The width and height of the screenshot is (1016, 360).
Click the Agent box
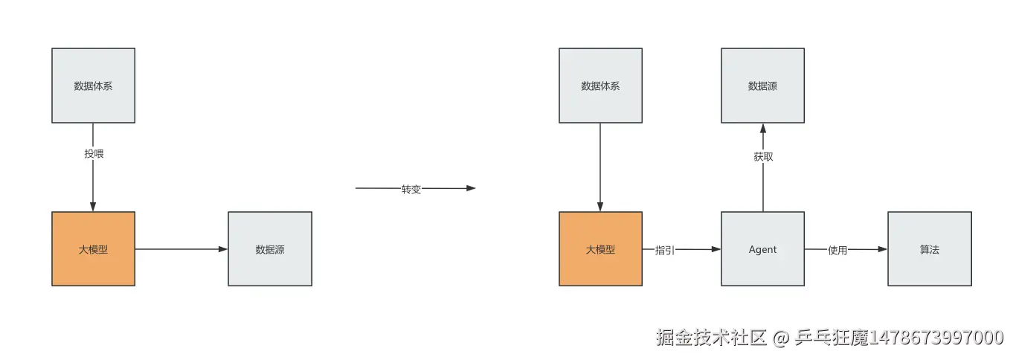[762, 249]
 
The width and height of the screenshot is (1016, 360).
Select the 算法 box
[929, 249]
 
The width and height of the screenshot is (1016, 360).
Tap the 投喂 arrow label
[94, 154]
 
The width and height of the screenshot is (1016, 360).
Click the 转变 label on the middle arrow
[411, 189]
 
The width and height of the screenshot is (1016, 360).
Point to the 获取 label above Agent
[763, 157]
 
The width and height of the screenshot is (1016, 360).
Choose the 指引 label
[665, 250]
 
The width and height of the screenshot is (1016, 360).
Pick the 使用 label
[837, 250]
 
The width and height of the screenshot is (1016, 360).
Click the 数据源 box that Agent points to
[762, 86]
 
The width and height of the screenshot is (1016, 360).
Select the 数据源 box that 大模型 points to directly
[270, 249]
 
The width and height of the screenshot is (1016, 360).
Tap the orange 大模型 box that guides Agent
[600, 249]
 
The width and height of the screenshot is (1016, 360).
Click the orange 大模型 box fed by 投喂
[93, 249]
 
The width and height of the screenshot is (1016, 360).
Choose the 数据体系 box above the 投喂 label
[93, 86]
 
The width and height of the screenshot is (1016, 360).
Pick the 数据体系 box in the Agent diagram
[600, 86]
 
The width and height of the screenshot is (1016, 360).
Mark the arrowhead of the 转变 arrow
[471, 188]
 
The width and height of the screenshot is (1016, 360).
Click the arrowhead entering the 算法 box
[883, 249]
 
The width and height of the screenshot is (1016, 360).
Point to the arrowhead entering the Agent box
[716, 249]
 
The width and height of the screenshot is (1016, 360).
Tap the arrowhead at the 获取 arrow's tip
[762, 128]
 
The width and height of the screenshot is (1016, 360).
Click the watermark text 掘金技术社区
[711, 338]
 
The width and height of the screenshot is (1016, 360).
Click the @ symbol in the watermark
[780, 338]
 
